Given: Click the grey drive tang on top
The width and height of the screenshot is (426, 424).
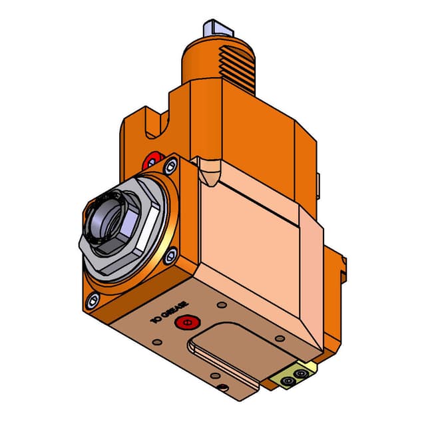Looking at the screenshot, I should (x=216, y=27).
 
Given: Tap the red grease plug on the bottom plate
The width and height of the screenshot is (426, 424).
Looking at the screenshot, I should (x=184, y=323).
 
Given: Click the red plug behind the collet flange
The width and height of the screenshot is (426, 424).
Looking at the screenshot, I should (x=153, y=160).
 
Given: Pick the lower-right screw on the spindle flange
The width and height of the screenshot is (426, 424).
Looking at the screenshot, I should (x=172, y=252).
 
